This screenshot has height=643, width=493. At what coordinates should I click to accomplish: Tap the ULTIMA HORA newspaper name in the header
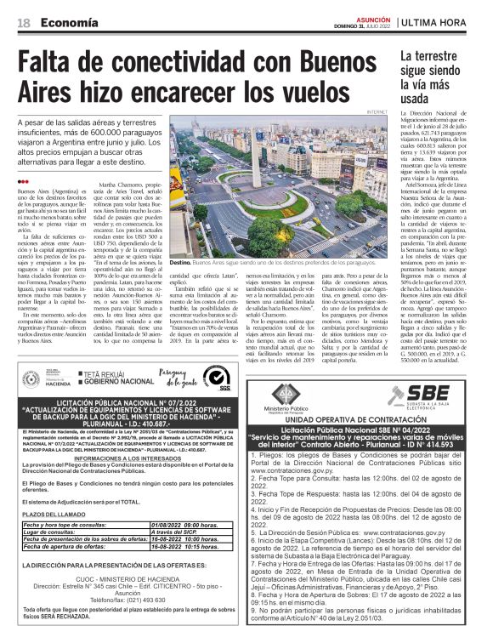[445, 24]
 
